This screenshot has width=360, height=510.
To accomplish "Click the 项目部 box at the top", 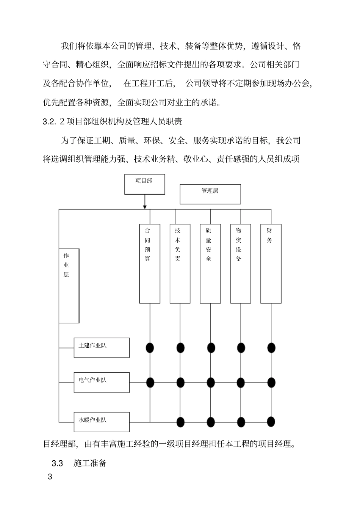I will pyautogui.click(x=144, y=184).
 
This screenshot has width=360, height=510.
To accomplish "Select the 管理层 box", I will pyautogui.click(x=210, y=194).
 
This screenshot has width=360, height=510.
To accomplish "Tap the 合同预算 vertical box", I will pyautogui.click(x=150, y=264).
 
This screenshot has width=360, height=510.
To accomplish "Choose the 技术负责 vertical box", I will pyautogui.click(x=180, y=264).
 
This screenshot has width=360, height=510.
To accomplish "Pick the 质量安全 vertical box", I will pyautogui.click(x=210, y=264).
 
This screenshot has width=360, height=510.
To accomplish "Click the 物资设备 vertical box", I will pyautogui.click(x=241, y=264).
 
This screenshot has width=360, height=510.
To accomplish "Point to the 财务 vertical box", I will pyautogui.click(x=271, y=264).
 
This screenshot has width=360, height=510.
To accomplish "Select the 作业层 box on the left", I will pyautogui.click(x=69, y=286).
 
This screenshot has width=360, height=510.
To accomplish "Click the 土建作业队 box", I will pyautogui.click(x=102, y=348).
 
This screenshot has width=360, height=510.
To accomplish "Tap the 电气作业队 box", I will pyautogui.click(x=102, y=382).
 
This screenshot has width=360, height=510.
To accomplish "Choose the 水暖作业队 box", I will pyautogui.click(x=102, y=422).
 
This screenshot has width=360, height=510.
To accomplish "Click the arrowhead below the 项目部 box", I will pyautogui.click(x=145, y=206).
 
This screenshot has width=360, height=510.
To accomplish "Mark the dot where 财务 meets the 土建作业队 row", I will pyautogui.click(x=271, y=347).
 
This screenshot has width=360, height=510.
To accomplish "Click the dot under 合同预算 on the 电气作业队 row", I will pyautogui.click(x=150, y=382).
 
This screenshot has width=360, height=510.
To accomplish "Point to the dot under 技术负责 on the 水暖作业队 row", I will pyautogui.click(x=180, y=421).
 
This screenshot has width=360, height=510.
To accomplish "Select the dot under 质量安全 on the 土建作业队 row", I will pyautogui.click(x=211, y=347).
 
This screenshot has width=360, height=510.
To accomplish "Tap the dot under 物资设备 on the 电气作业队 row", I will pyautogui.click(x=241, y=382).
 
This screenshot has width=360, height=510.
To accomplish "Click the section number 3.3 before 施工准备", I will pyautogui.click(x=57, y=463).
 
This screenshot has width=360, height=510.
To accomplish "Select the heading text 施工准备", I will pyautogui.click(x=90, y=463).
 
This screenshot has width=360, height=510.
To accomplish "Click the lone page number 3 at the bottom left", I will pyautogui.click(x=50, y=477).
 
